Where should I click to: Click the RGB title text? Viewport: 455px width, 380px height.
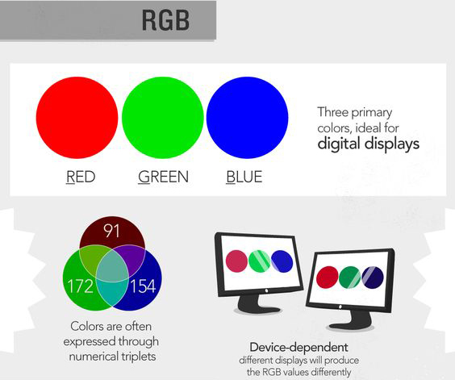point(165,20)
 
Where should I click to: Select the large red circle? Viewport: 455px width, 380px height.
point(77,118)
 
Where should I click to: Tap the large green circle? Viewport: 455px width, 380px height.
point(162,118)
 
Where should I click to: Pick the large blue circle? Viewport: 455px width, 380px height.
point(247,118)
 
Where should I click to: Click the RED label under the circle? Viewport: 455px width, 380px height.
point(81,177)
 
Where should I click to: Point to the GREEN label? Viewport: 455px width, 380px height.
point(163,177)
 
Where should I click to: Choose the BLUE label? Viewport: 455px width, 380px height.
point(244,177)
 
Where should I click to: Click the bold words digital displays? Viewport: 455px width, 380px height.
point(369,144)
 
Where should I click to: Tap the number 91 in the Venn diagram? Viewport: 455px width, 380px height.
point(111,231)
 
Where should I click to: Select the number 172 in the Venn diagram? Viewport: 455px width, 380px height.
point(81,286)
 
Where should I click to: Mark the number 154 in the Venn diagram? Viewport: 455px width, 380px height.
point(143,286)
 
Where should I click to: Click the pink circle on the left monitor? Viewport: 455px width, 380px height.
point(236,261)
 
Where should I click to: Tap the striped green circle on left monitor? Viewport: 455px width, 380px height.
point(260,261)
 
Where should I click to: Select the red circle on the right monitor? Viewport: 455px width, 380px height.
point(327,278)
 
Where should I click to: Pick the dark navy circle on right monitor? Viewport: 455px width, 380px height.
point(373,278)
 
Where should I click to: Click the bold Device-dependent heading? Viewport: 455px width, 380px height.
point(298,347)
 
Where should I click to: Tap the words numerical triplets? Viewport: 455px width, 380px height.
point(112,357)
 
